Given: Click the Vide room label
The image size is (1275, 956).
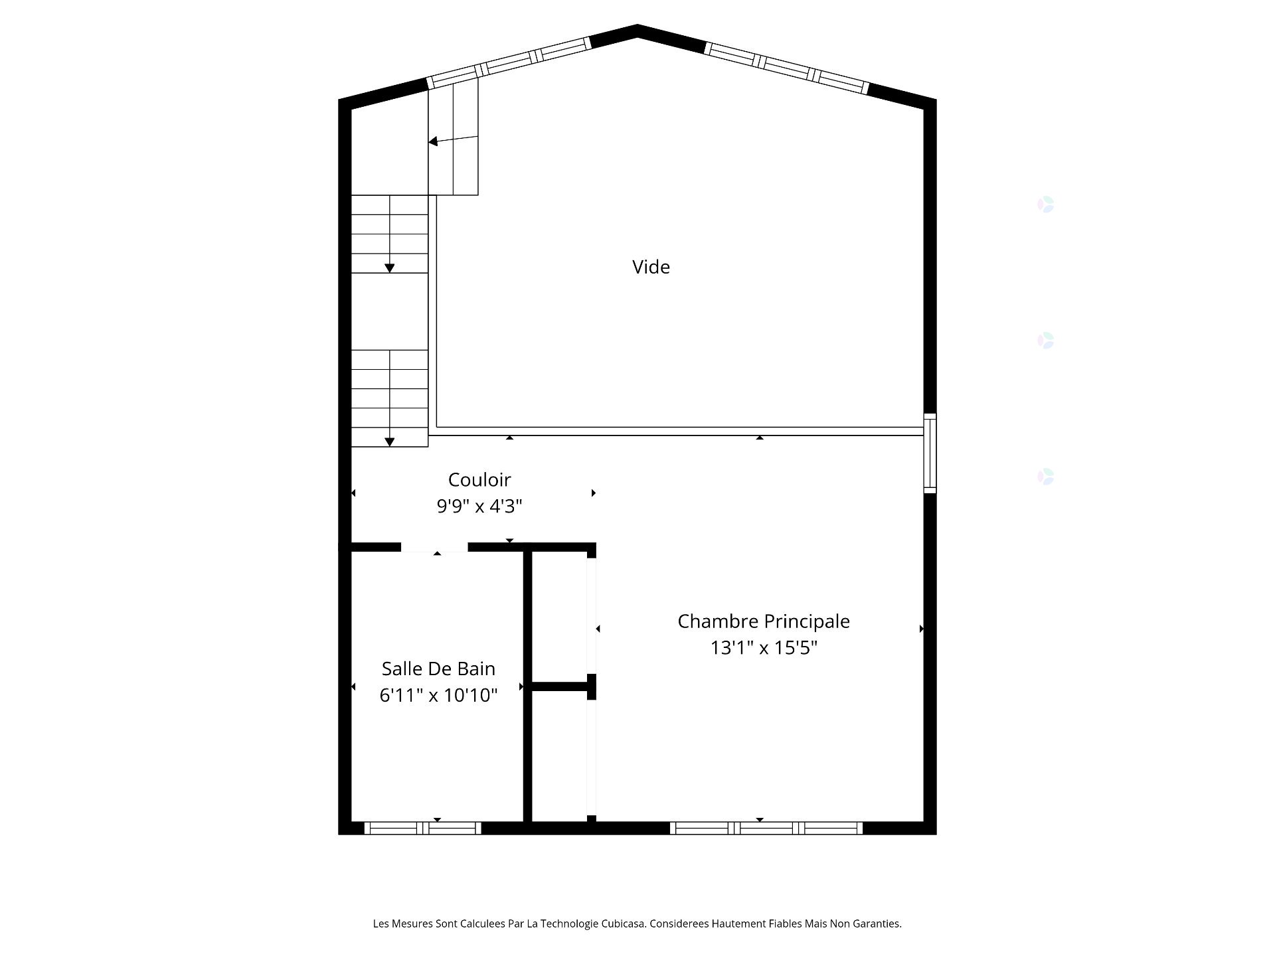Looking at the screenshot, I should [651, 267].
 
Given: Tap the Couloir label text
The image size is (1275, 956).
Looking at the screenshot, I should [479, 479].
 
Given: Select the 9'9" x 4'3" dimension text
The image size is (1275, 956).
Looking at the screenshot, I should [479, 507].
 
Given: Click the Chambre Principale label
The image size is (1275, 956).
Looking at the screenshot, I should [763, 621].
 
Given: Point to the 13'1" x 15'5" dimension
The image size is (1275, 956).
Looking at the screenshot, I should [763, 647].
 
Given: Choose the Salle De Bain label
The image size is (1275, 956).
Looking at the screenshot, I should [438, 668].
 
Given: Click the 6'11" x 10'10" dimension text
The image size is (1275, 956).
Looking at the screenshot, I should [438, 695].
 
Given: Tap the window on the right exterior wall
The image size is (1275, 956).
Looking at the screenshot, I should [930, 453].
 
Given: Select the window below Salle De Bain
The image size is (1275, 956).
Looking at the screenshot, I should [423, 828].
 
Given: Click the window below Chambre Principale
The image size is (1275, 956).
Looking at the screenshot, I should [766, 828].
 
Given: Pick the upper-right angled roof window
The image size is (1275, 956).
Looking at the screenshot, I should [786, 68].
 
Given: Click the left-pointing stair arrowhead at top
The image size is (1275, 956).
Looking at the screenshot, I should [433, 141].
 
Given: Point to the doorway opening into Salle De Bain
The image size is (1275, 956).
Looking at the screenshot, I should [434, 548].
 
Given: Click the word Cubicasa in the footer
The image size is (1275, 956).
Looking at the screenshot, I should [623, 923].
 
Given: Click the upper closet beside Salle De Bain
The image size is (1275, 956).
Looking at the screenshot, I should [559, 617].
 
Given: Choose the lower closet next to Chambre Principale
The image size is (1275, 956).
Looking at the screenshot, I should [559, 757].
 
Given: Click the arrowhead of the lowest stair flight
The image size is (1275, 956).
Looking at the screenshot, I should [390, 441].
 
